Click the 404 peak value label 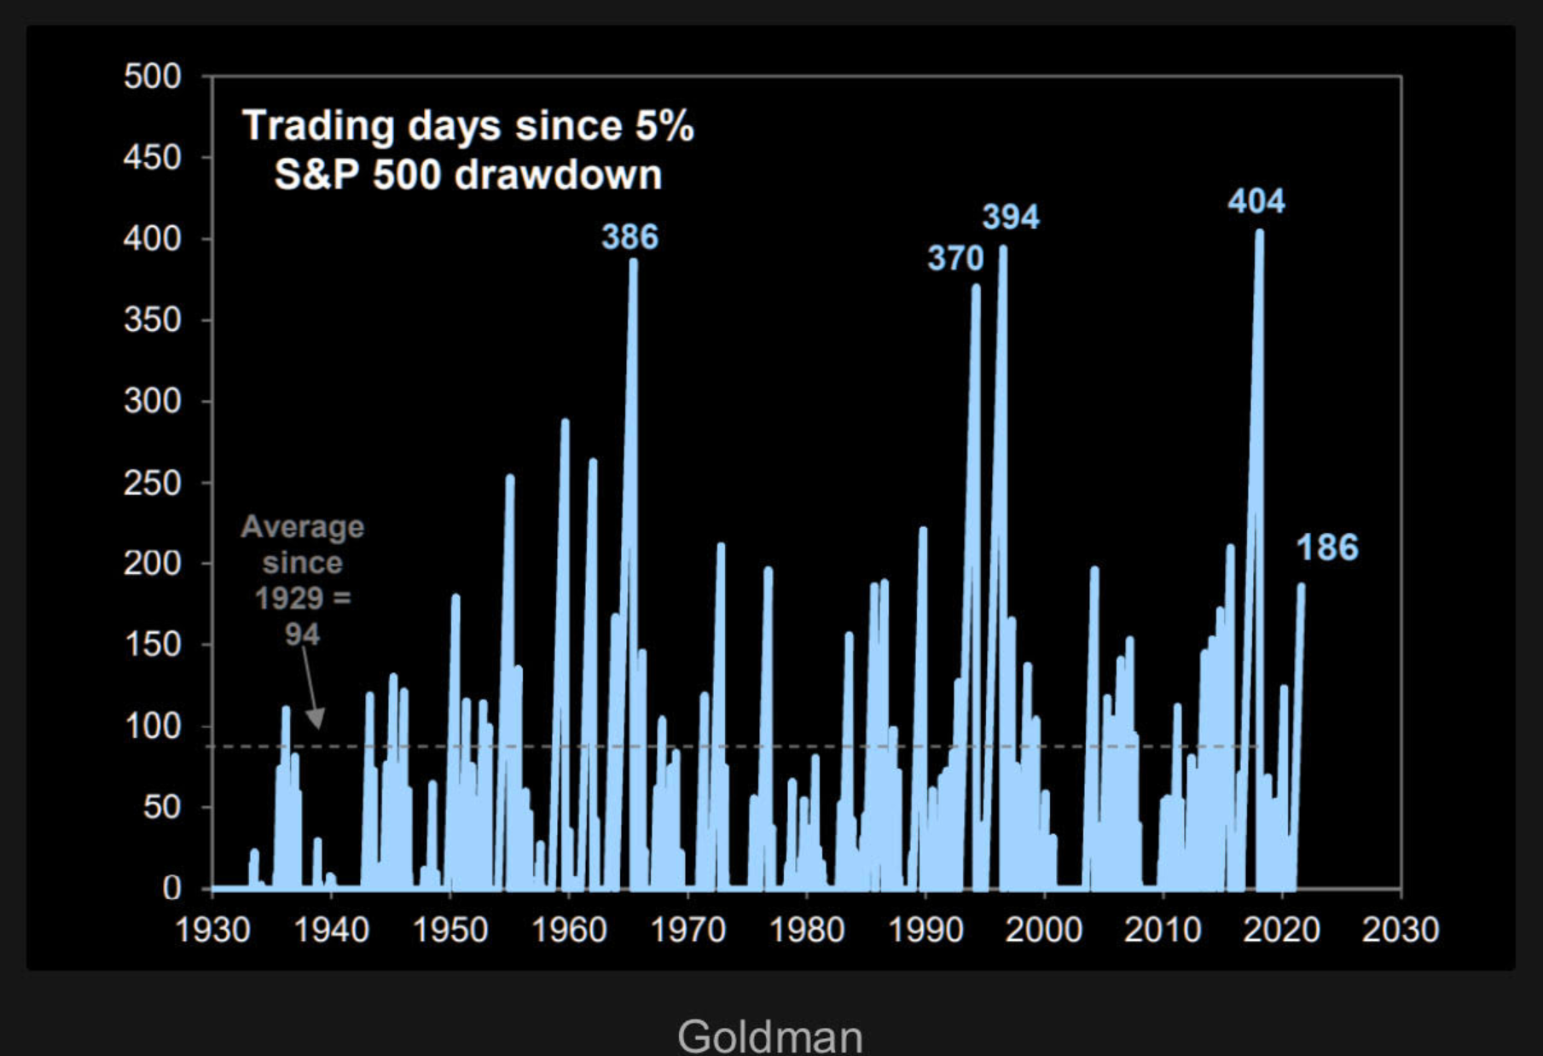tap(1256, 201)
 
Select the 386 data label tap(629, 237)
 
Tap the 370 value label tap(955, 258)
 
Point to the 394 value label tap(1011, 217)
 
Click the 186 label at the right tap(1327, 548)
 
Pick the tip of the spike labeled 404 tap(1259, 232)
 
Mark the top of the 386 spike tap(633, 262)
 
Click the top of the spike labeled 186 tap(1301, 586)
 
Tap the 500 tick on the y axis tap(153, 77)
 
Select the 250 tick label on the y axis tap(153, 483)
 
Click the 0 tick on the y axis tap(171, 888)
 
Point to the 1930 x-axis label tap(212, 929)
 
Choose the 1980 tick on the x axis tap(807, 929)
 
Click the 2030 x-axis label tap(1400, 929)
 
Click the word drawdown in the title tap(558, 175)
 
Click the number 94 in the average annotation tap(302, 635)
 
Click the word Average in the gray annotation tap(302, 527)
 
